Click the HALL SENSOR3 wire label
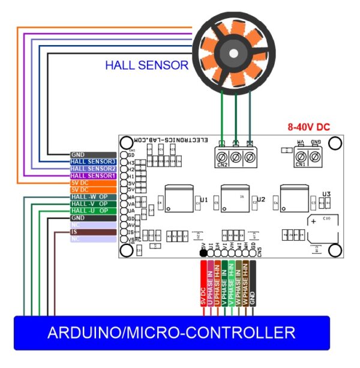pyautogui.click(x=92, y=161)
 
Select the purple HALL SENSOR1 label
pyautogui.click(x=92, y=176)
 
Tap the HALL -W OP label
pyautogui.click(x=89, y=197)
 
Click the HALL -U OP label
pyautogui.click(x=89, y=211)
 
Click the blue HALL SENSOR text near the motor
pyautogui.click(x=146, y=65)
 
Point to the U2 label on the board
pyautogui.click(x=261, y=199)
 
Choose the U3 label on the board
pyautogui.click(x=326, y=193)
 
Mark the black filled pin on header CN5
pyautogui.click(x=203, y=253)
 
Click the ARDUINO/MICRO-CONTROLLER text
pyautogui.click(x=171, y=332)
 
